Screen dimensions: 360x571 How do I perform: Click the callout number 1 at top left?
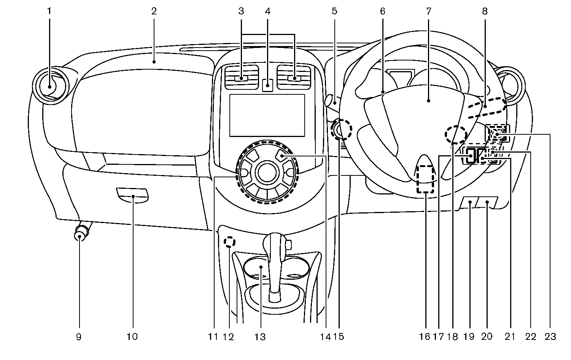click(x=49, y=11)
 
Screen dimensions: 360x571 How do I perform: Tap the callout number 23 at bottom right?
click(x=550, y=336)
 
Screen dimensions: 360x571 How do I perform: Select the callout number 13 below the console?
click(x=261, y=336)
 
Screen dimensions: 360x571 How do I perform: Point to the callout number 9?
click(x=79, y=336)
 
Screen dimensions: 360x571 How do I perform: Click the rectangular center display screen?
click(x=267, y=115)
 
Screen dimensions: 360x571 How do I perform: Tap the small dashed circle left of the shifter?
click(x=229, y=242)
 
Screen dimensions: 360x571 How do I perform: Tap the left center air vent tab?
click(x=241, y=79)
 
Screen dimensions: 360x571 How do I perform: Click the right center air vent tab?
click(x=294, y=79)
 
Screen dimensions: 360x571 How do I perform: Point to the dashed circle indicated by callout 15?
click(x=340, y=130)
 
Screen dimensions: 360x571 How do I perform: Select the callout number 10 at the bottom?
click(x=132, y=336)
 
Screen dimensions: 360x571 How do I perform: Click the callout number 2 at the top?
click(x=154, y=11)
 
